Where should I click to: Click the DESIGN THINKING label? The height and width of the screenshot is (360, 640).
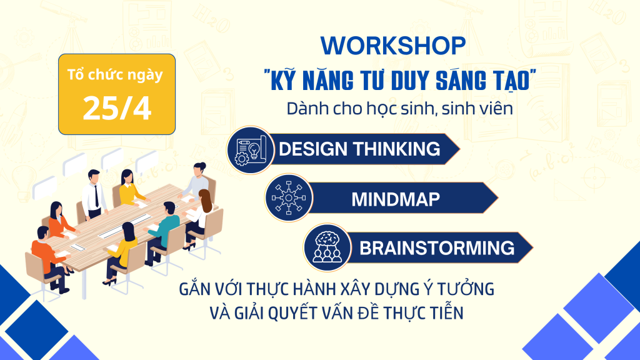(359, 149)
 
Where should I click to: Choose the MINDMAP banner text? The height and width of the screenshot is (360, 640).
(395, 199)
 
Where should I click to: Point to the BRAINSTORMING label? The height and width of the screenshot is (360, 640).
(437, 247)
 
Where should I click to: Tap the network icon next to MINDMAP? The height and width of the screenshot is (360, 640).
(288, 199)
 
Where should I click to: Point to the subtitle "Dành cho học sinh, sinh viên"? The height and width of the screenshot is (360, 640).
(400, 107)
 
